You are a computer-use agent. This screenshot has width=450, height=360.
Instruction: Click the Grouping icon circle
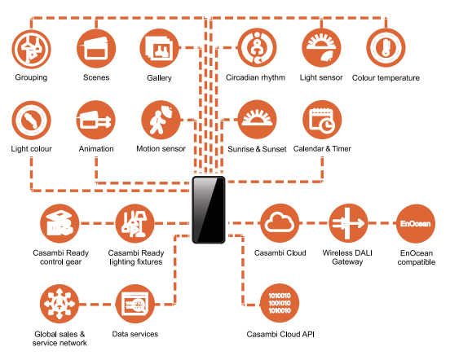31,49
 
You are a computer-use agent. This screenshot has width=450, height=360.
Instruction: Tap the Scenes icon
96,48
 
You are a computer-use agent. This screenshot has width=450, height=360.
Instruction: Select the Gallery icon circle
159,48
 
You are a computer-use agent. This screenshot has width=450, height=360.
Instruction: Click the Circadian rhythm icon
257,47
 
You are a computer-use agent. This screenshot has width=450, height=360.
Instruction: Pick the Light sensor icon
321,47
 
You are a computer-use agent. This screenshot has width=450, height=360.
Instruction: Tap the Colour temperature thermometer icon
386,47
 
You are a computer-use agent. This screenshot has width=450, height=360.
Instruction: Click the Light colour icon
31,120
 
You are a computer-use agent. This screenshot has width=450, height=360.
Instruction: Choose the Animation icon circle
96,120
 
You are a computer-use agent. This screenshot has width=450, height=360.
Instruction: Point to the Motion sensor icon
161,120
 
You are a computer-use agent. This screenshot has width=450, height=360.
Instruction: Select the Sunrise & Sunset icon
257,120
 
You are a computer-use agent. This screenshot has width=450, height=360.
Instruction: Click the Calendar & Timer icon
322,120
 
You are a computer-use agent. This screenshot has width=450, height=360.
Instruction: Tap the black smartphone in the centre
209,210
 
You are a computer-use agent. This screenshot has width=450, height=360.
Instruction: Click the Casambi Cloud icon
280,223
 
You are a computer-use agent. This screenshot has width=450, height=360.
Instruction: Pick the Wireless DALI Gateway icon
348,223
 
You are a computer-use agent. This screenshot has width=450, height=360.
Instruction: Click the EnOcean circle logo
416,223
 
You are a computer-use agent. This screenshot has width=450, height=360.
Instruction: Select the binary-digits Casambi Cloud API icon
280,303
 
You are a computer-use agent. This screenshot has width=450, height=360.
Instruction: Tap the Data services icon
135,304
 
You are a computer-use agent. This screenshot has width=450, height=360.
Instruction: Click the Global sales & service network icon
60,304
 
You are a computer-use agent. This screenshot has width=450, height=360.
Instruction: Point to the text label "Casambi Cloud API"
280,334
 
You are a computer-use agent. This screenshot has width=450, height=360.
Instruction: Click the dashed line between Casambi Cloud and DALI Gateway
314,223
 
